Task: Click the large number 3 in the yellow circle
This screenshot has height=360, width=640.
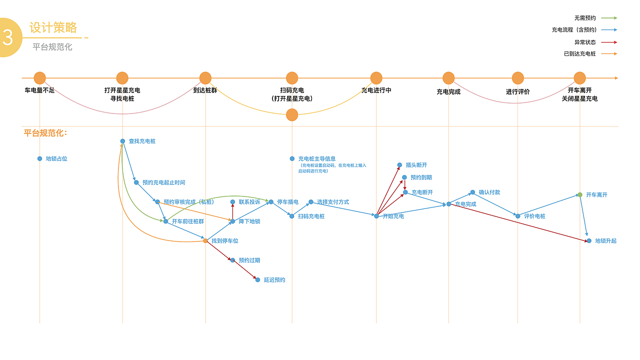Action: click(7, 37)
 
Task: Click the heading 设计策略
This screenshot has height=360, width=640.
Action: click(53, 27)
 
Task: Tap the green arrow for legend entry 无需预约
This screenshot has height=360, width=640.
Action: click(609, 18)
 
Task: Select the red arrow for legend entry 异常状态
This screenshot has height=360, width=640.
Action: click(609, 42)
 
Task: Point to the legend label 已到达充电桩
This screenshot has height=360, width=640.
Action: click(579, 53)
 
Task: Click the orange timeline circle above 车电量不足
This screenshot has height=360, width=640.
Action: click(39, 78)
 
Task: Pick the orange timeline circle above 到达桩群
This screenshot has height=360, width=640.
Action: click(205, 78)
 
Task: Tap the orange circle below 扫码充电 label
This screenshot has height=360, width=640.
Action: click(292, 115)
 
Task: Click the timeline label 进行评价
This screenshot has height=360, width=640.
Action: click(517, 91)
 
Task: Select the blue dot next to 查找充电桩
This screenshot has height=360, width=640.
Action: click(122, 141)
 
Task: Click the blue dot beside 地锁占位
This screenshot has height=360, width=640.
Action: click(39, 159)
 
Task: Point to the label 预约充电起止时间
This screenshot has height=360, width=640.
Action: click(163, 182)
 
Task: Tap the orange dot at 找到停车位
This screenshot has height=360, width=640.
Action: click(205, 241)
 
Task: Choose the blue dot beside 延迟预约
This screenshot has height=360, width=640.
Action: click(257, 280)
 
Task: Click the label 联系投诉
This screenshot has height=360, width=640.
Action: click(249, 202)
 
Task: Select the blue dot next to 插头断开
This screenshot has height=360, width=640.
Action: click(399, 165)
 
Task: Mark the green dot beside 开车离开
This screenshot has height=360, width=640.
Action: click(580, 195)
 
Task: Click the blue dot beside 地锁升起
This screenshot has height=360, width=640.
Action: click(589, 241)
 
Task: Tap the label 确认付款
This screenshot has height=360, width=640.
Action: click(489, 192)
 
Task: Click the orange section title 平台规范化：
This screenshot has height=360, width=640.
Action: click(45, 133)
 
